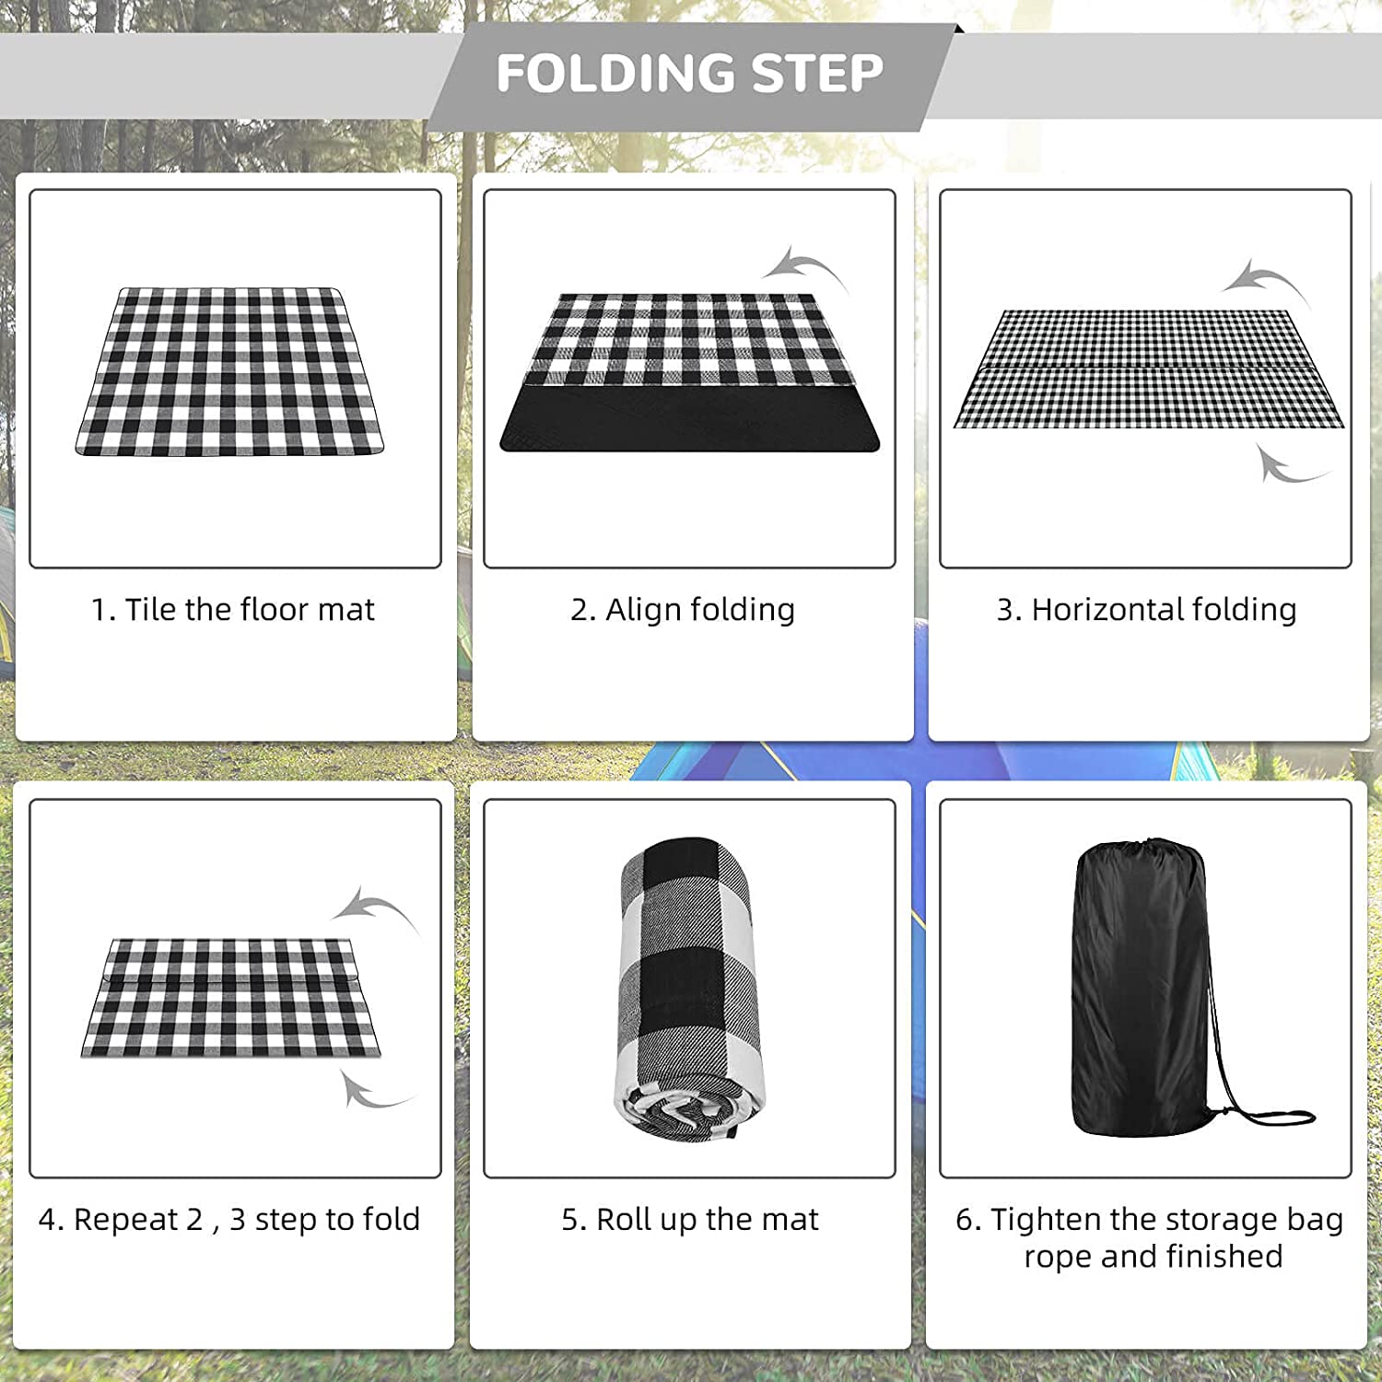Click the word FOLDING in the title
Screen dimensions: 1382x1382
pyautogui.click(x=616, y=73)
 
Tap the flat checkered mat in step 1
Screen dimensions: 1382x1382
pyautogui.click(x=229, y=371)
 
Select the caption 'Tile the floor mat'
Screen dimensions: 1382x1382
pyautogui.click(x=250, y=610)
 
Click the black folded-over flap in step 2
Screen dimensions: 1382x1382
pyautogui.click(x=689, y=418)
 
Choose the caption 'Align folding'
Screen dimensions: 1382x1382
pyautogui.click(x=700, y=610)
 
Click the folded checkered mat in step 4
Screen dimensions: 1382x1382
pyautogui.click(x=230, y=998)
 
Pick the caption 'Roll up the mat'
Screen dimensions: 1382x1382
pyautogui.click(x=708, y=1220)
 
